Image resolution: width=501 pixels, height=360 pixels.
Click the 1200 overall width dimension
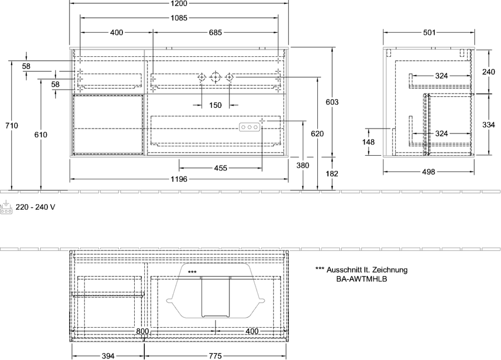click(179, 3)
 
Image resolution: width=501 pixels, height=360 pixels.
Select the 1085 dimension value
click(179, 18)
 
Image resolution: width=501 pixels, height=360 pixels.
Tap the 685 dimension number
click(215, 32)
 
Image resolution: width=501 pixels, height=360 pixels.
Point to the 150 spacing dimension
click(215, 105)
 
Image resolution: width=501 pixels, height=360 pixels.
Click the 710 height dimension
click(12, 126)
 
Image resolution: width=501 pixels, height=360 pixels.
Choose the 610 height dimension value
click(41, 135)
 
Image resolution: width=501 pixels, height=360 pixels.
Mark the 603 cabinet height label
click(332, 102)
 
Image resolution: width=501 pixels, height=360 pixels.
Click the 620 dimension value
click(317, 134)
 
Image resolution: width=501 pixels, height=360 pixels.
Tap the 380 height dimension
click(303, 165)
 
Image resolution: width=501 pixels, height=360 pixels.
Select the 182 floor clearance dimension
click(332, 174)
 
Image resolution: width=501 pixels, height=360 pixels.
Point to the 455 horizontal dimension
click(220, 167)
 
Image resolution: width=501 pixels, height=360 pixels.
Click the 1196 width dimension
click(179, 179)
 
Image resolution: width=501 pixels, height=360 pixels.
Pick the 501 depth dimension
click(429, 32)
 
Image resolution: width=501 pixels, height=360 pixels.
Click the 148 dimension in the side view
click(369, 142)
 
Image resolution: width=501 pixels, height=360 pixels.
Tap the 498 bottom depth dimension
click(429, 172)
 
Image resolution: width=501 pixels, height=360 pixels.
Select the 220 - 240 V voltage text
click(36, 208)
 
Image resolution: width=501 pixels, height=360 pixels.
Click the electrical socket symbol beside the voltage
click(6, 208)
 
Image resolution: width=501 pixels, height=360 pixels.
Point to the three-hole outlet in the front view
click(249, 127)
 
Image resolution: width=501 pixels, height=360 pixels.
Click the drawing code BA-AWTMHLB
click(362, 279)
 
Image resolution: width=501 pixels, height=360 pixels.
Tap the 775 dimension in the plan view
click(215, 356)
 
